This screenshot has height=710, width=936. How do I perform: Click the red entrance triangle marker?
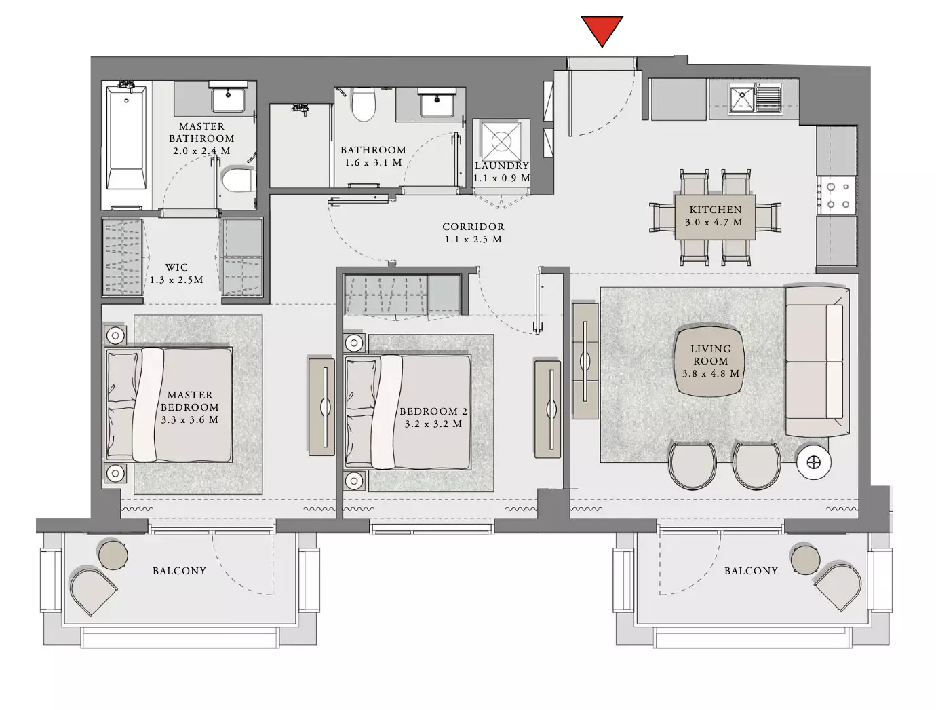pos(602,30)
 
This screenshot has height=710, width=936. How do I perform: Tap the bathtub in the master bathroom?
pos(126,136)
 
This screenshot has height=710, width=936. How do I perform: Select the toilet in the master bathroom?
pos(238,179)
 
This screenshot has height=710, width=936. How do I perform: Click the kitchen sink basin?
pos(741,98)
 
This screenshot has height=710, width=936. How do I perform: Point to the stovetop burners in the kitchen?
pos(838,196)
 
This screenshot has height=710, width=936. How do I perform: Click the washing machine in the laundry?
pos(501,141)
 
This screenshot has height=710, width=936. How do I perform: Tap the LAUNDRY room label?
pos(502,166)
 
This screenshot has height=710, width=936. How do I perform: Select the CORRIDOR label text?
pos(473,227)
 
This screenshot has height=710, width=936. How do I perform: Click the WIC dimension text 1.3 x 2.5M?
pos(176,280)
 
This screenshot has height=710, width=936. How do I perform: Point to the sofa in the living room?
pos(817,361)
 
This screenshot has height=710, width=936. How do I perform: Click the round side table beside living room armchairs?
pos(814,462)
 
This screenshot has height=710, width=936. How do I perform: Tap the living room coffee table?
pos(710,361)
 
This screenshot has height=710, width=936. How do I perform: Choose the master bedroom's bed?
pos(169,405)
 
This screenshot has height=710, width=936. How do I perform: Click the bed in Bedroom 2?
pos(408,412)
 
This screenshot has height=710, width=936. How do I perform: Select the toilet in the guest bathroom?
pos(363,104)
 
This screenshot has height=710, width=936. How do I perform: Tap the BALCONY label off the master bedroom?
pos(179,570)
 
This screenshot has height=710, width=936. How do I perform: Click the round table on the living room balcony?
pos(805,559)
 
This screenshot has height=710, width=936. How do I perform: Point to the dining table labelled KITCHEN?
pos(715,217)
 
